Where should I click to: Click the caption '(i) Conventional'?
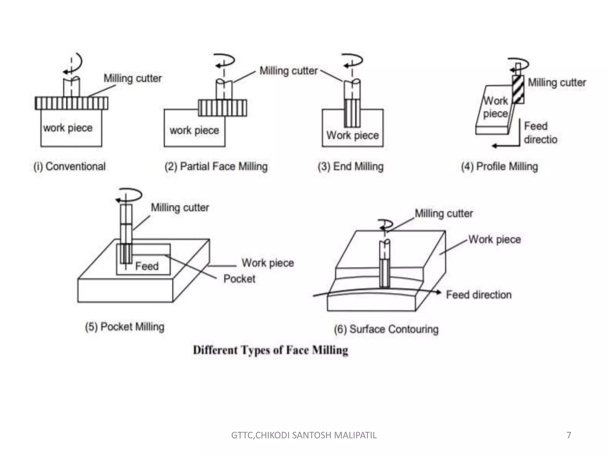point(69,167)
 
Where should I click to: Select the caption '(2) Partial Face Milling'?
point(216,167)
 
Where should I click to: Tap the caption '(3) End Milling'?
point(351,167)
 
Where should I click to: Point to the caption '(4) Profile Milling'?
point(499,167)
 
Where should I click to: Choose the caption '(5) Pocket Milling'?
point(124,327)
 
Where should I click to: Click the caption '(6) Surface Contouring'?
point(386,329)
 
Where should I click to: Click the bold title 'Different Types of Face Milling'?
point(270,350)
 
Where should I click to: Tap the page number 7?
point(569,435)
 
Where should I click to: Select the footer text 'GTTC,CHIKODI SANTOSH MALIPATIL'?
point(304,435)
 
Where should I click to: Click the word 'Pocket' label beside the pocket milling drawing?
point(239,279)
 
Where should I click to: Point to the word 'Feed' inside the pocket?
point(147,266)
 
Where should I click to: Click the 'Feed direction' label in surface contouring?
point(479,295)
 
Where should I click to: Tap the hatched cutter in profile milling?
point(518,89)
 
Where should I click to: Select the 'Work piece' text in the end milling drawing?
point(353,135)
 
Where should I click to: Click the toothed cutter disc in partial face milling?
point(222,108)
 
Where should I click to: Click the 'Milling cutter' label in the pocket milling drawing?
point(180,208)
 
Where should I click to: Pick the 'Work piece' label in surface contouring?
point(495,240)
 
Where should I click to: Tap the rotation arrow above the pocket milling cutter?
point(129,196)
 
